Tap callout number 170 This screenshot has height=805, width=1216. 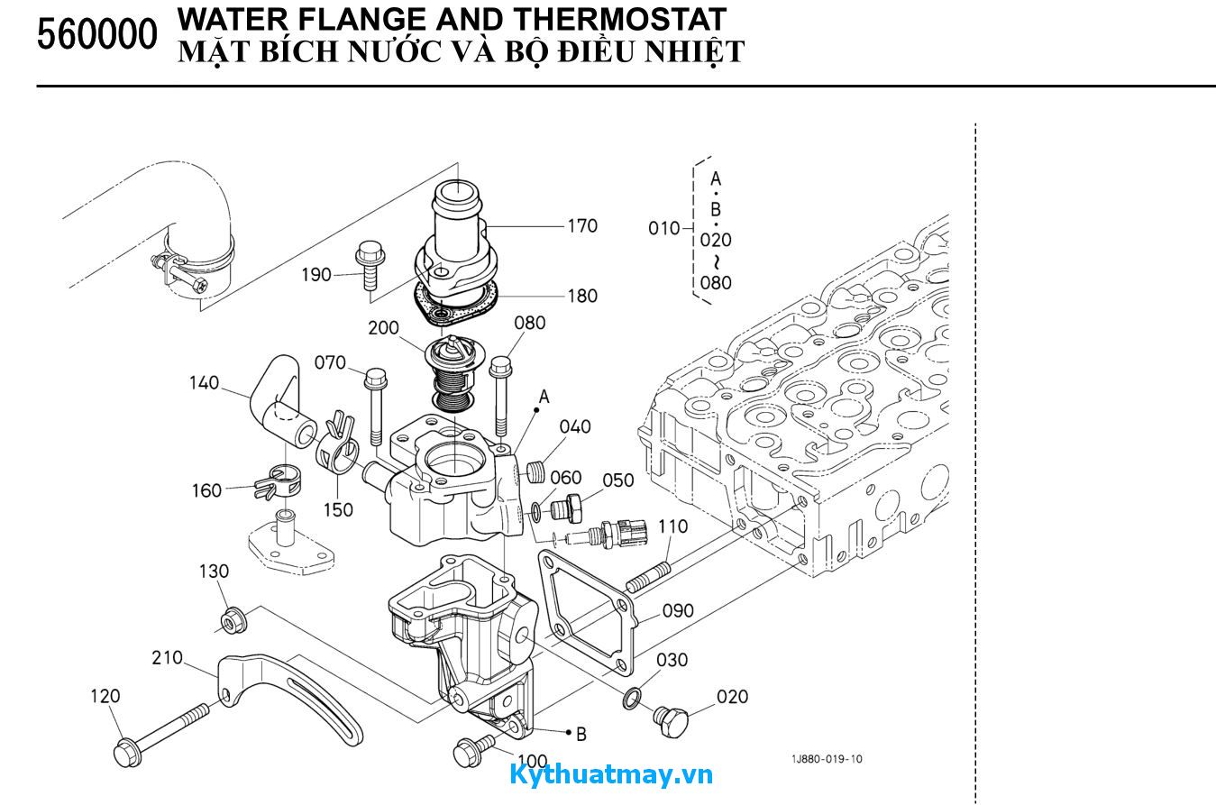(x=582, y=225)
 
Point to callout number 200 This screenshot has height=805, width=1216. (x=384, y=328)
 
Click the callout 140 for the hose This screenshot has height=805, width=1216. (x=204, y=383)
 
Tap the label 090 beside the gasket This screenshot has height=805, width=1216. (x=678, y=610)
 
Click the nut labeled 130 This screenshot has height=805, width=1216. (x=232, y=620)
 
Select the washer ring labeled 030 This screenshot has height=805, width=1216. (x=633, y=697)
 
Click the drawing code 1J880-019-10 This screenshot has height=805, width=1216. (x=827, y=759)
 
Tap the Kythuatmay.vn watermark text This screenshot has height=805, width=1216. (x=610, y=774)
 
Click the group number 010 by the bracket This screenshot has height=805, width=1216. (x=664, y=228)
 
